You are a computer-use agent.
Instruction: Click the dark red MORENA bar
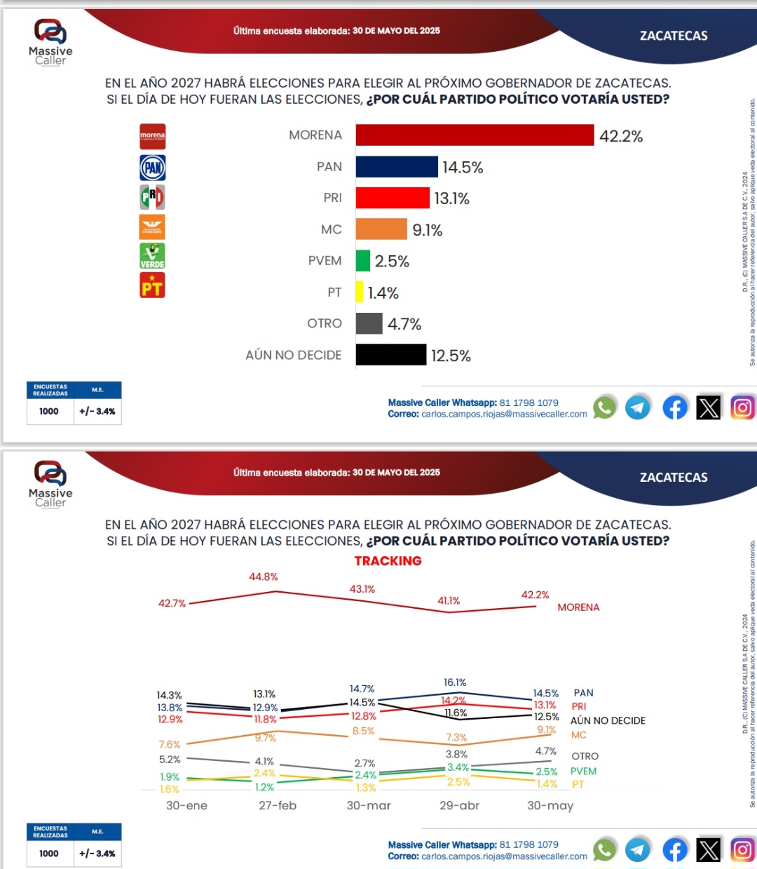point(475,135)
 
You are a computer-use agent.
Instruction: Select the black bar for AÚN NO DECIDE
point(390,355)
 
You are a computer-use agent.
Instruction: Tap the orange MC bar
point(381,229)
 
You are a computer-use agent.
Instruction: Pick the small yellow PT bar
point(360,292)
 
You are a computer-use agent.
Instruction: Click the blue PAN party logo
point(152,168)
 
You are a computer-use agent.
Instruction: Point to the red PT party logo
point(152,285)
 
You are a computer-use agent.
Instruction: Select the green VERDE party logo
point(152,256)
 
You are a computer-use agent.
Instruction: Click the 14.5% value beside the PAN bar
point(463,168)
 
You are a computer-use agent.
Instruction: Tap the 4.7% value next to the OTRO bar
point(404,324)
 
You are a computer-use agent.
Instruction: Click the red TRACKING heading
point(388,561)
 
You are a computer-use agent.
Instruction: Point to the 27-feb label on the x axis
point(278,806)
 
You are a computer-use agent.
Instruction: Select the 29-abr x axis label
point(459,806)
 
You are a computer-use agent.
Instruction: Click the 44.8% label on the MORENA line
point(264,577)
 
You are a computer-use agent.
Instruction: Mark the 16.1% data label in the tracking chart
point(455,682)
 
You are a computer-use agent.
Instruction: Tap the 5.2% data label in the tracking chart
point(170,760)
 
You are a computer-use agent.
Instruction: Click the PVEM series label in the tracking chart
point(583,772)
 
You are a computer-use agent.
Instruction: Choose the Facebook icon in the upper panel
point(675,407)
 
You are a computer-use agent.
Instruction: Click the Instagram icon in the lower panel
point(742,850)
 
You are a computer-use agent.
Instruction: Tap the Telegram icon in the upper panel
point(638,407)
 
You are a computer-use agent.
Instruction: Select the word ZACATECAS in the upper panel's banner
point(674,36)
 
